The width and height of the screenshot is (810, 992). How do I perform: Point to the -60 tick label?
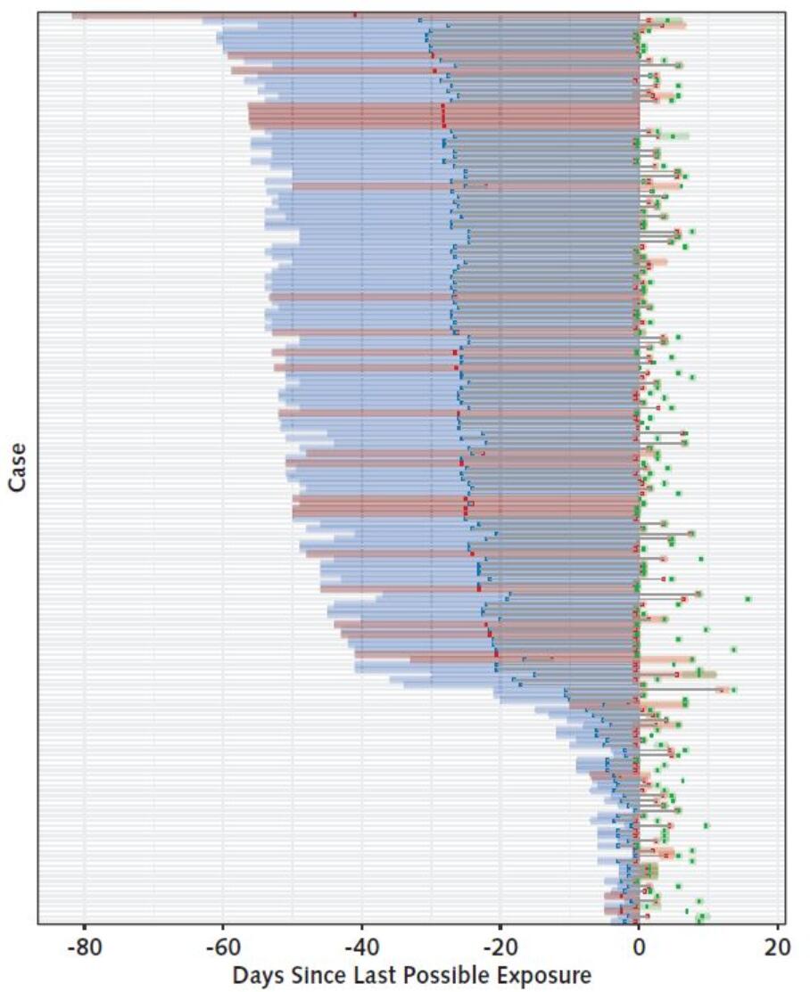click(222, 947)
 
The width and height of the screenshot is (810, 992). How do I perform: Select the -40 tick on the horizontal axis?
click(360, 947)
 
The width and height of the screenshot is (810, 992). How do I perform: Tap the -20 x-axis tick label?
click(499, 947)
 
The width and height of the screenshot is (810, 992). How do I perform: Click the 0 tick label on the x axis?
click(639, 947)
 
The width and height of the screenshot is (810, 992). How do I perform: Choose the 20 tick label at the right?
click(777, 947)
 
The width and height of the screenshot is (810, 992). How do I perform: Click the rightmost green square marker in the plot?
click(748, 598)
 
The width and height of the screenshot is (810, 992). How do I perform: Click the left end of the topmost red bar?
click(74, 15)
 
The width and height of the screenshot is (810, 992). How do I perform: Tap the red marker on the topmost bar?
click(355, 15)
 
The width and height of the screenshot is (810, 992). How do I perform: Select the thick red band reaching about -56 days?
click(357, 116)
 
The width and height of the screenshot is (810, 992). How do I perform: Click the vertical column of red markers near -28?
click(443, 116)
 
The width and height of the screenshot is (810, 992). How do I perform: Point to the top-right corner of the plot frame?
click(785, 11)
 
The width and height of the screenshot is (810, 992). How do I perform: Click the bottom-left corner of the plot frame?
click(37, 923)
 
